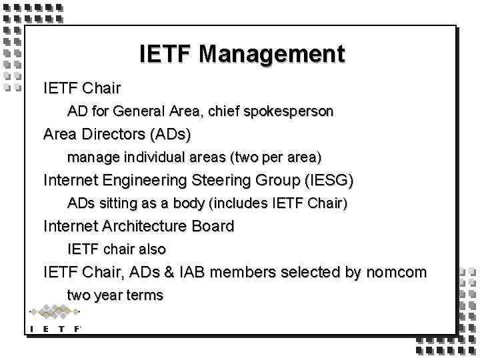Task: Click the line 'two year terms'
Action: [x=115, y=295]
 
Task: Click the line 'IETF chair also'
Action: [x=117, y=249]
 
